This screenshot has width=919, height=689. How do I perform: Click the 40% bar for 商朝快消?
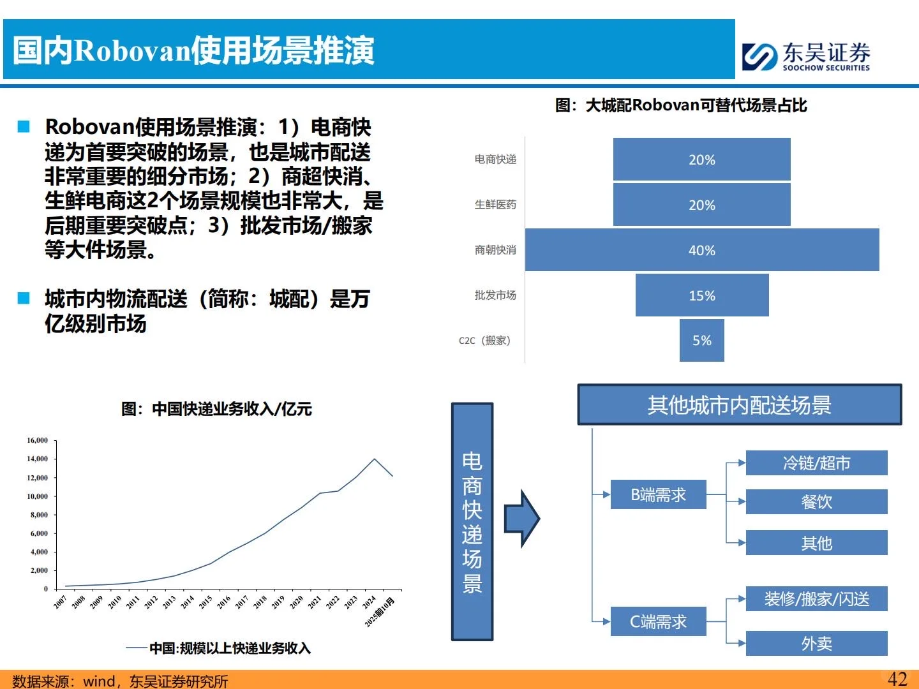click(702, 250)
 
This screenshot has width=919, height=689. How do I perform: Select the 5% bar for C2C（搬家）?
click(701, 341)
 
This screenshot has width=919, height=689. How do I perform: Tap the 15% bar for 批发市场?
click(702, 295)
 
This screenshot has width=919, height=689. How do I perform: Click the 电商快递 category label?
click(495, 159)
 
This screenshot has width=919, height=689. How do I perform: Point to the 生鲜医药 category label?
click(495, 205)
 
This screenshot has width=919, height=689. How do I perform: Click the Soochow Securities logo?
click(806, 56)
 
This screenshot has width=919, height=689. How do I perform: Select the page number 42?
click(897, 679)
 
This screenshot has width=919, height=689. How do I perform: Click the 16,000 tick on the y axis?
click(38, 440)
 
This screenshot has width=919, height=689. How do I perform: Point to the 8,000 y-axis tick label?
click(39, 515)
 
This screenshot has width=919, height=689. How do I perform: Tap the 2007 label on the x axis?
click(61, 602)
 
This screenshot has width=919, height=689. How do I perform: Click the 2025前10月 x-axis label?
click(380, 611)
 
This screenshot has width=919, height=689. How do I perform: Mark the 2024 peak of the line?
click(374, 459)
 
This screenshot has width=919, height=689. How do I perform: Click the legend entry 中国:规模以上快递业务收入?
click(230, 648)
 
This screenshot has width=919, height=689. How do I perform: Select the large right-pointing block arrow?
click(521, 519)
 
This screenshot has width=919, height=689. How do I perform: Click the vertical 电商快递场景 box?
click(472, 521)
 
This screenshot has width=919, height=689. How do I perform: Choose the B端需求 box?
click(658, 494)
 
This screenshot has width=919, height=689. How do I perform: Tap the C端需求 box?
click(658, 621)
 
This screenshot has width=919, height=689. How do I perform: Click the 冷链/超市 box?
click(816, 463)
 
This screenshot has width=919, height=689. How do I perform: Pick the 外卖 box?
click(816, 643)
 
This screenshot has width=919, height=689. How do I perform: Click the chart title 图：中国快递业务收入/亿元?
click(216, 409)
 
